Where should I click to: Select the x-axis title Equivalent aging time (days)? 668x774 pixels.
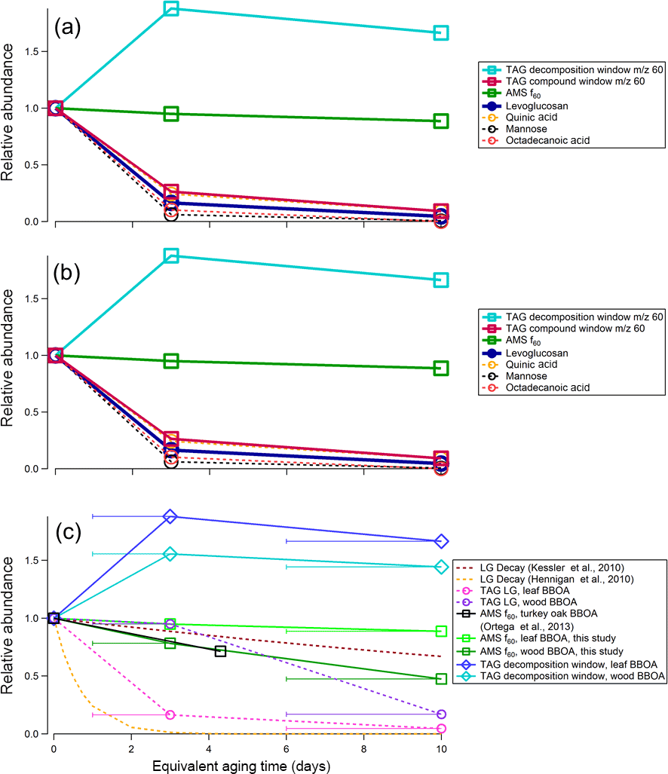click(247, 763)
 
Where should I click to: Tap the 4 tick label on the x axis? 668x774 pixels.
click(209, 749)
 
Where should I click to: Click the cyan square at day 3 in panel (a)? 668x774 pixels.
click(171, 8)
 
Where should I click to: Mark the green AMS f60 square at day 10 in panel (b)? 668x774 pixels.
click(441, 368)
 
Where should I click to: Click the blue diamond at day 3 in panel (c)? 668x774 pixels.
click(170, 516)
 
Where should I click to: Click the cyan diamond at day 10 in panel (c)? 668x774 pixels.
click(441, 567)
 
